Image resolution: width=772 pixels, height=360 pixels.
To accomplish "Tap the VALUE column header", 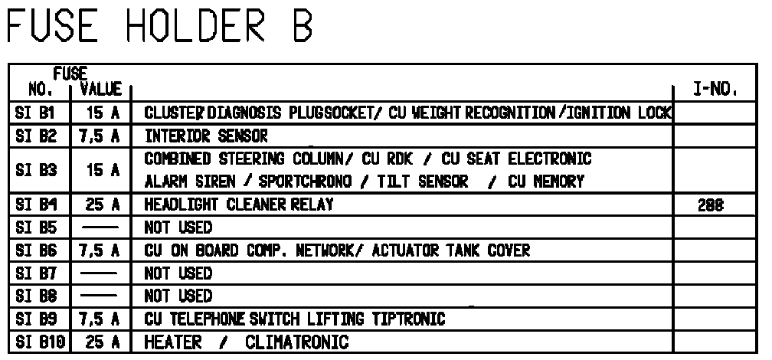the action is pyautogui.click(x=101, y=90).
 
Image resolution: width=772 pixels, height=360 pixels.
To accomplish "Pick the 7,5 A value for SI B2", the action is pyautogui.click(x=101, y=136).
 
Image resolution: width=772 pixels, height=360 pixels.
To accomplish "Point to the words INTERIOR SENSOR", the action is pyautogui.click(x=207, y=136).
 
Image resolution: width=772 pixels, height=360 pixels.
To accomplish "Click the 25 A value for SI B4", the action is pyautogui.click(x=101, y=205).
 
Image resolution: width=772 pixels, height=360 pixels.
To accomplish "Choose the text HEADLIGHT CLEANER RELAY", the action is pyautogui.click(x=239, y=205).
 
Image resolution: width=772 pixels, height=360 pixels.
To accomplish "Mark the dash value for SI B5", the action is pyautogui.click(x=101, y=228).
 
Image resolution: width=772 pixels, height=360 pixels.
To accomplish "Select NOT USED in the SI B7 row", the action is pyautogui.click(x=178, y=273).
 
